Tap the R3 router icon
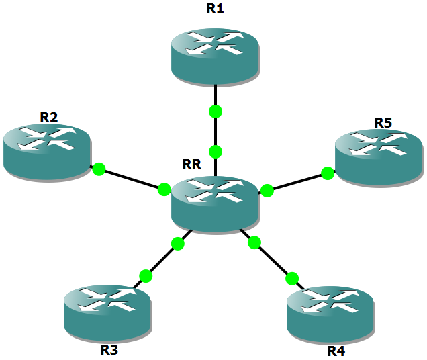coord(108,310)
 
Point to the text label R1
coord(216,9)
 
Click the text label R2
coord(48,117)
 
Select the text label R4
coord(336,351)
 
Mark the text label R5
coord(383,122)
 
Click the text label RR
coord(191,164)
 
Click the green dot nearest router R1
coord(216,111)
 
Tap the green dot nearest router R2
coord(99,169)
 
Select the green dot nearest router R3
coord(146,275)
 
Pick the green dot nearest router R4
coord(291,278)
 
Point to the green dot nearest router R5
coord(328,173)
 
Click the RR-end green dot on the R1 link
coord(216,151)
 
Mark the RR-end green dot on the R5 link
coord(267,191)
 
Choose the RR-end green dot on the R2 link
coord(164,190)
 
